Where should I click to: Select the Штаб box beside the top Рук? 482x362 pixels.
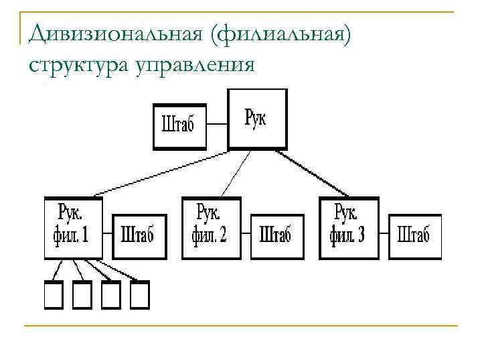[x=178, y=125]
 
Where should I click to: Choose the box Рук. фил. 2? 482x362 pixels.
[x=210, y=228]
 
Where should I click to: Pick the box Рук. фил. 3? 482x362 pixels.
[x=349, y=228]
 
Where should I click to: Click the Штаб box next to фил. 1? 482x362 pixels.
[x=138, y=236]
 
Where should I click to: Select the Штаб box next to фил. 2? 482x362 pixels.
[x=276, y=236]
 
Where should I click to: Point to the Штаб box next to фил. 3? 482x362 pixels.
[x=414, y=236]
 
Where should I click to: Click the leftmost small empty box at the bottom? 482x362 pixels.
[x=53, y=296]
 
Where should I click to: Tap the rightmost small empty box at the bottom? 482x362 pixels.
[x=140, y=296]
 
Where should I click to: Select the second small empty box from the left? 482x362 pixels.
[x=82, y=296]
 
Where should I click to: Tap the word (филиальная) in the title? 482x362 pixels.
[x=280, y=33]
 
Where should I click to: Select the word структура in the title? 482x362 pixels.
[x=73, y=64]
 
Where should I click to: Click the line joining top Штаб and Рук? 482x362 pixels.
[x=216, y=124]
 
